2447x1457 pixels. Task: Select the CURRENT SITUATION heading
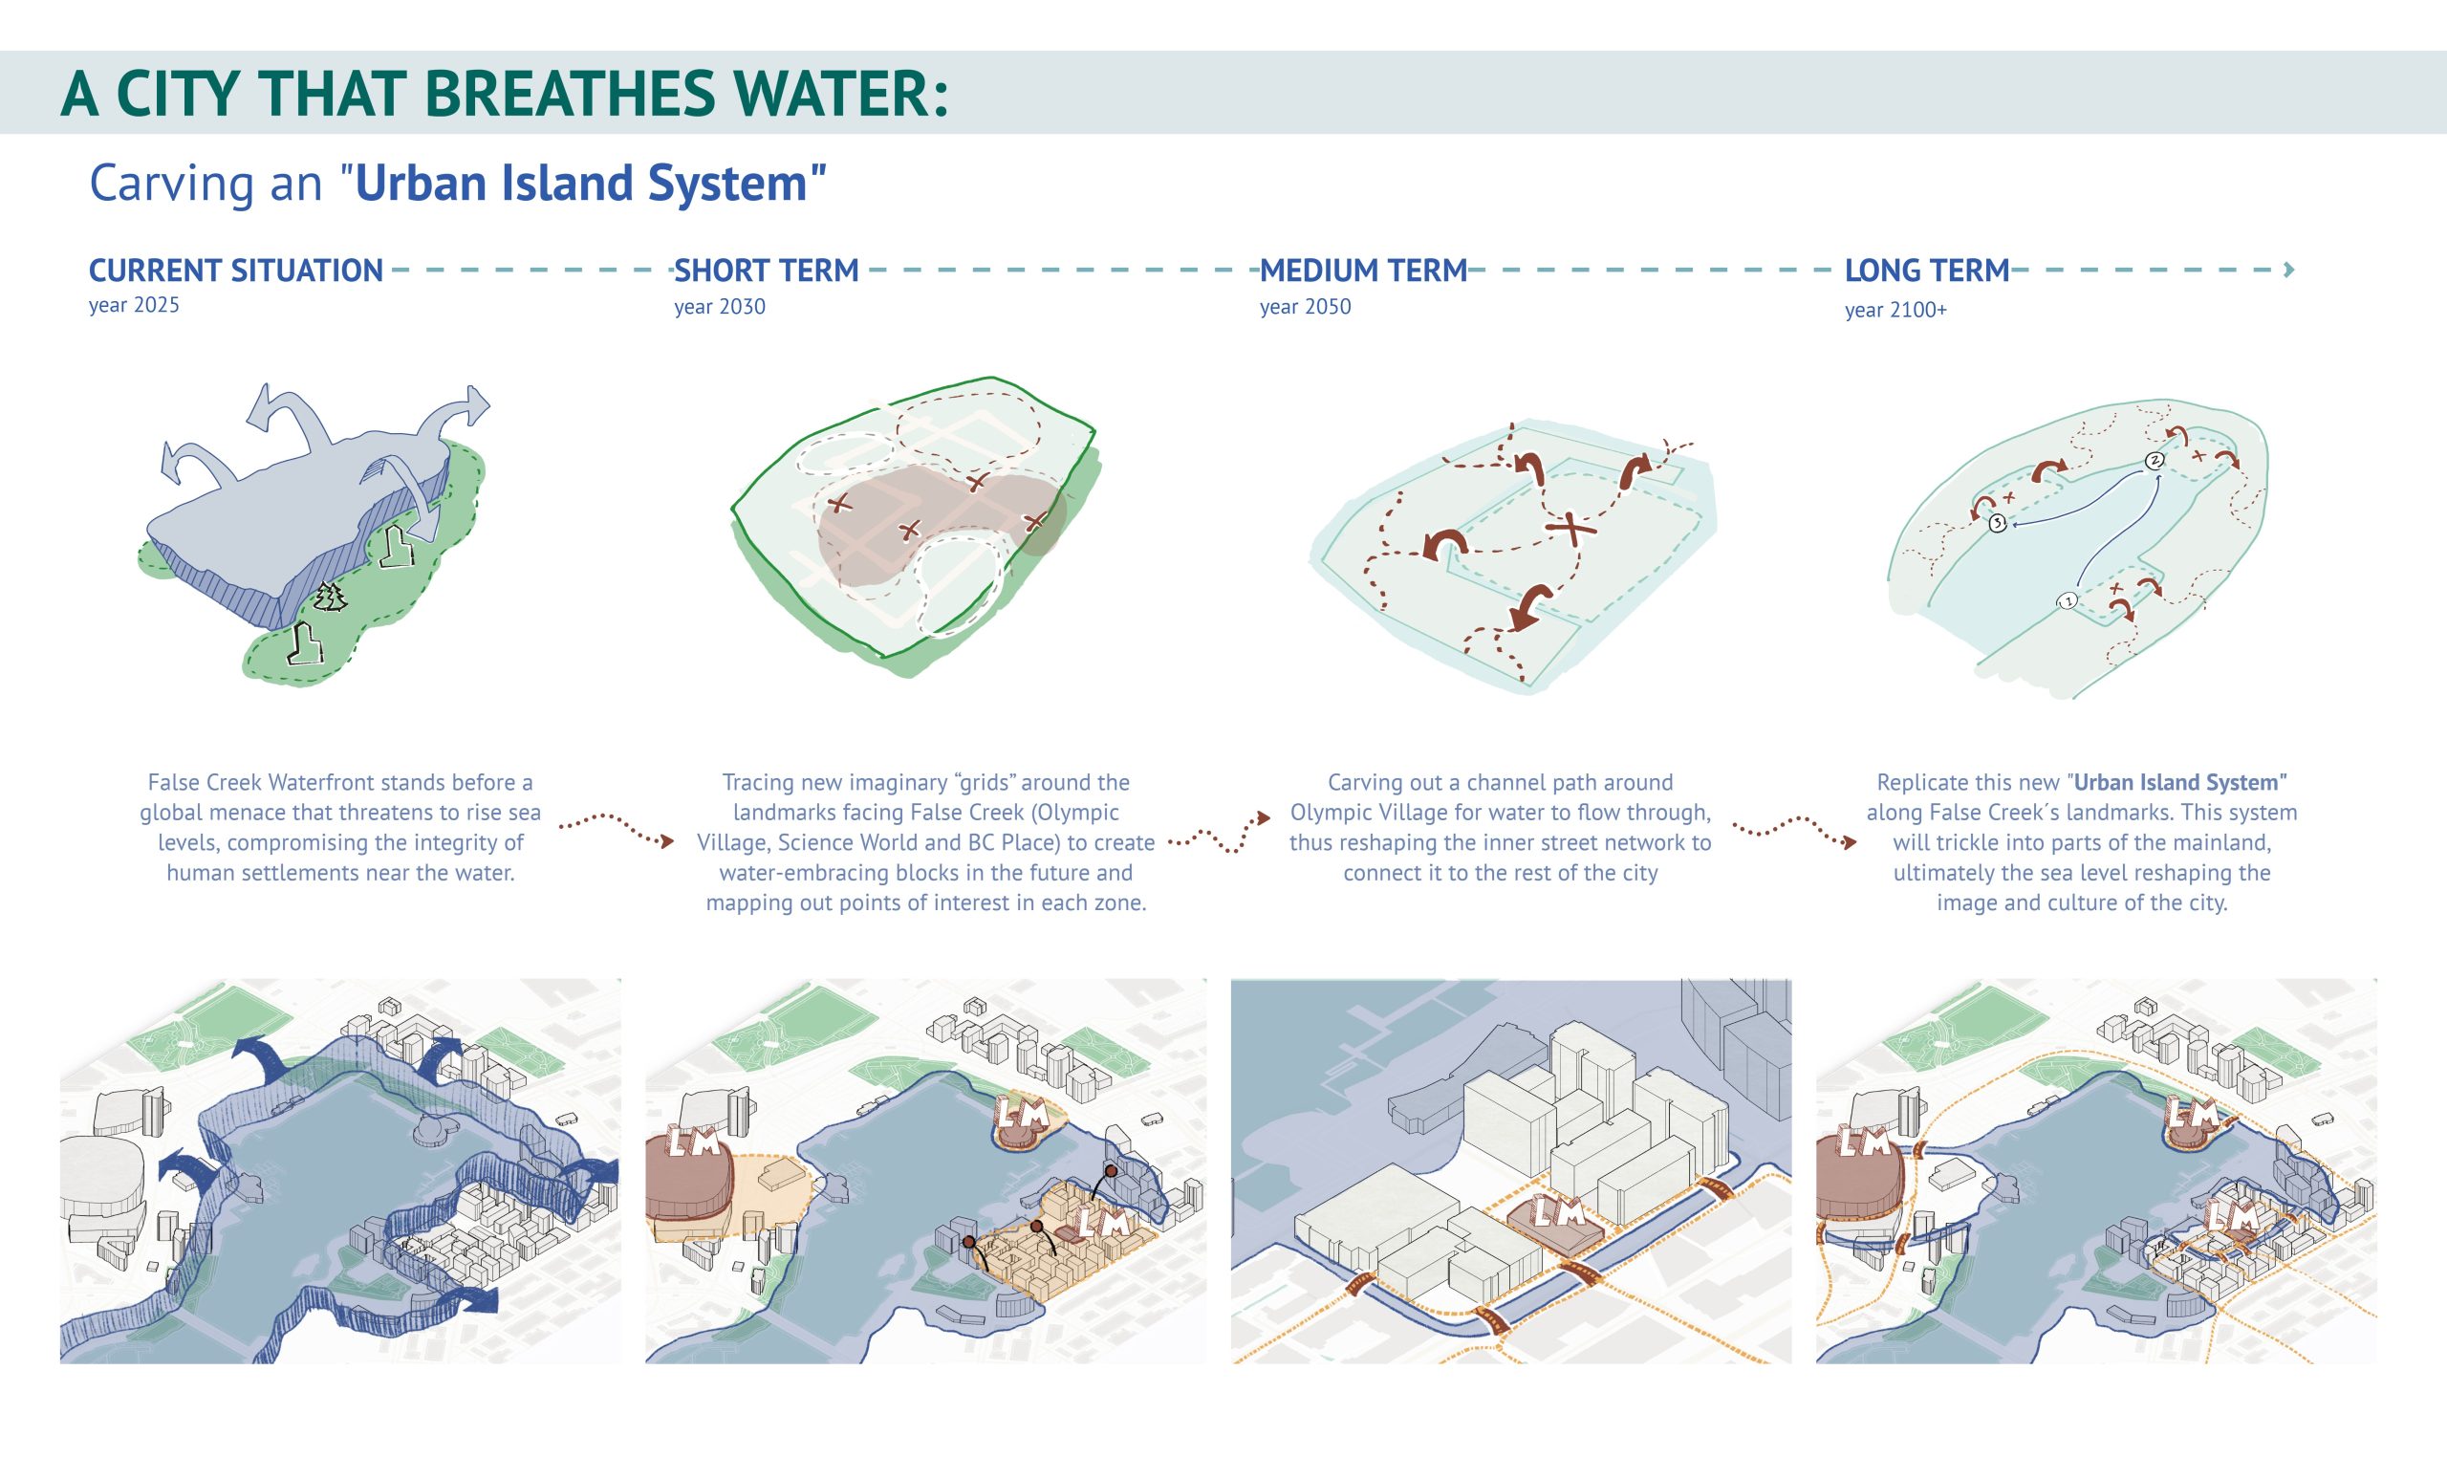[x=235, y=271]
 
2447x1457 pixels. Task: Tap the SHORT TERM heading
[x=767, y=271]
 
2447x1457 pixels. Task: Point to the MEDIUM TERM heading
[x=1363, y=271]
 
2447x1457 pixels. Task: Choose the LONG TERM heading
[x=1927, y=271]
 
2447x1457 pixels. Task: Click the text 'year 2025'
[x=135, y=305]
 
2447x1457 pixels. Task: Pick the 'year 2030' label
[x=720, y=307]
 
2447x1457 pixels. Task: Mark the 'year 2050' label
[x=1306, y=307]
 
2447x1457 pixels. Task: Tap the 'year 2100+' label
[x=1895, y=311]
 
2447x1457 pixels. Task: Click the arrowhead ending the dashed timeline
[x=2289, y=270]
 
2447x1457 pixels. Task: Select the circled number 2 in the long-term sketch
[x=2155, y=461]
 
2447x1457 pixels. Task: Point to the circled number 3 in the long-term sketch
[x=1999, y=523]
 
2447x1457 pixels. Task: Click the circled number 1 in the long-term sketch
[x=2068, y=600]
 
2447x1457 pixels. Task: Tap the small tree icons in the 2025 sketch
[x=331, y=596]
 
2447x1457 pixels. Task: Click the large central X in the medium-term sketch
[x=1570, y=531]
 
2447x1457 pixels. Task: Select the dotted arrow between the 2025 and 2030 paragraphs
[x=617, y=827]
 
